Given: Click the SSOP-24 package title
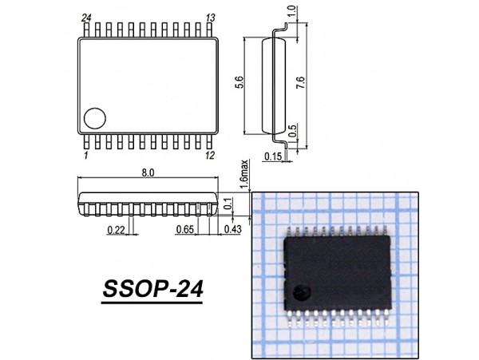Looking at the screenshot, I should (x=152, y=288).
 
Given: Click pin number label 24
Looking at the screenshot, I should (x=86, y=18).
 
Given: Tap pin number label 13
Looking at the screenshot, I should (x=211, y=18).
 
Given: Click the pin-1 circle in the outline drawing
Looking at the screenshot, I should (x=96, y=118).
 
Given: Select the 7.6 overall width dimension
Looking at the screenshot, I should (x=299, y=84).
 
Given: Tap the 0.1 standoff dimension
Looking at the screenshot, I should (x=229, y=204).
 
